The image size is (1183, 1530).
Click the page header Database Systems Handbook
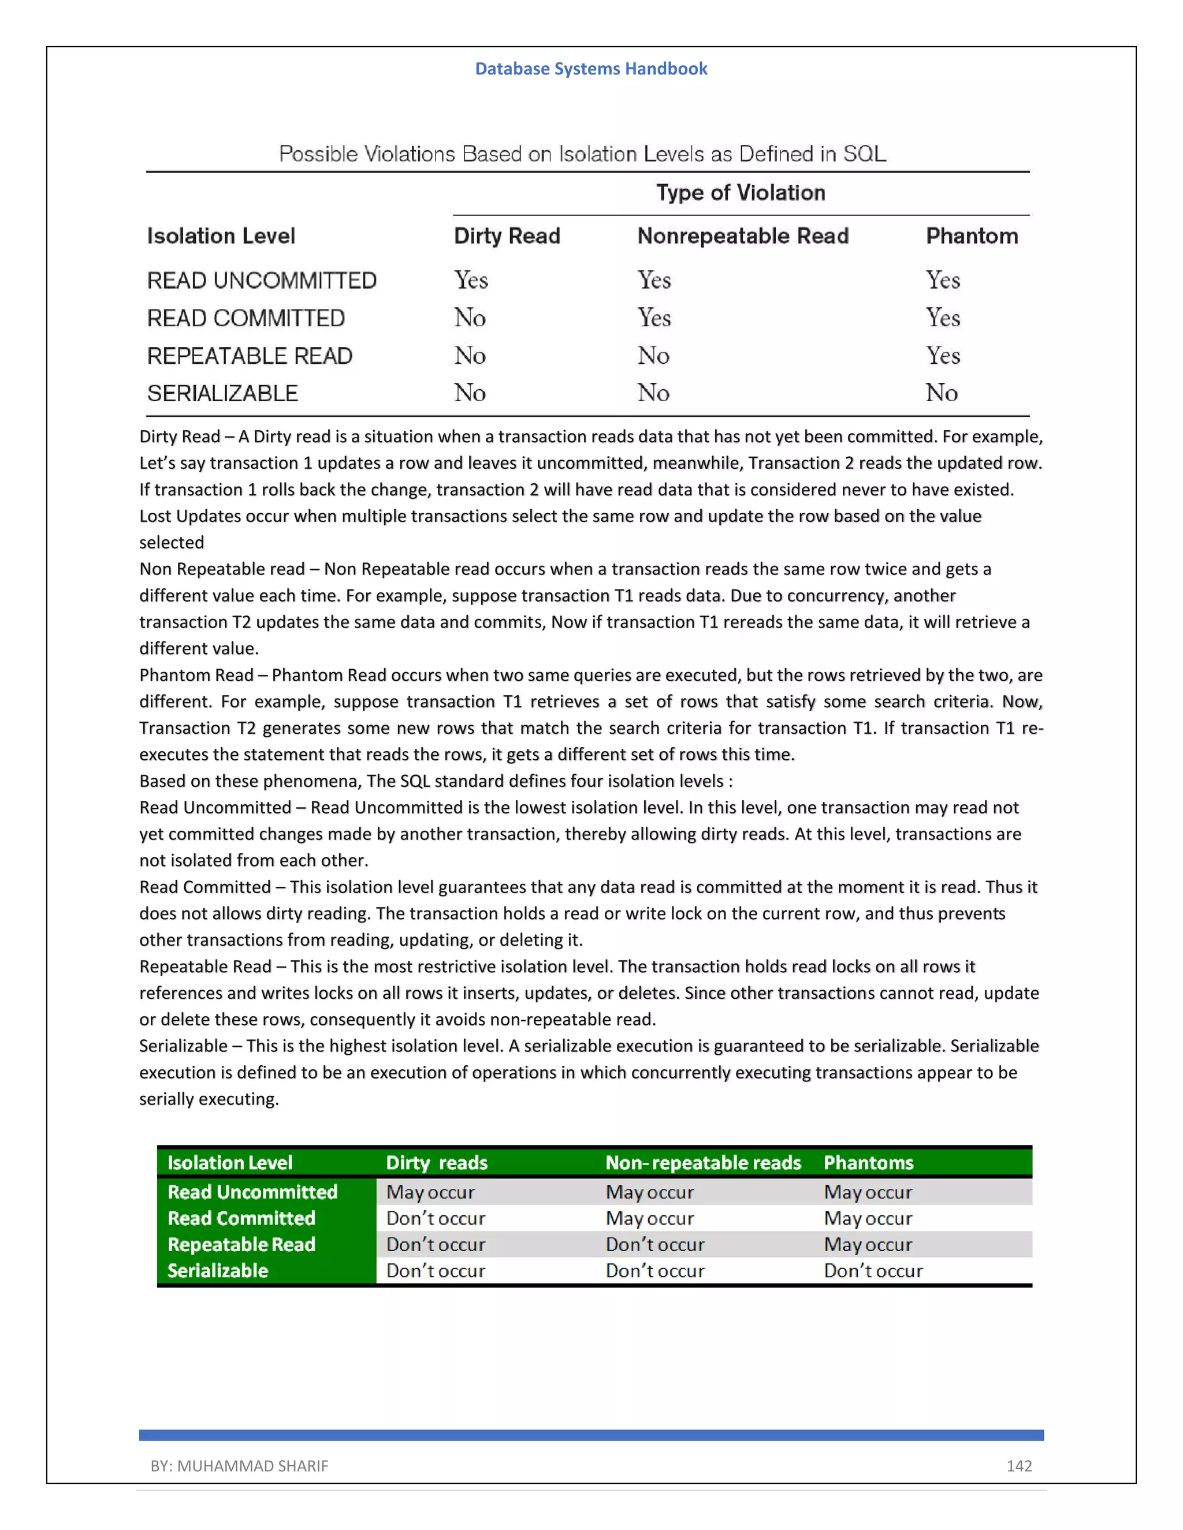point(591,69)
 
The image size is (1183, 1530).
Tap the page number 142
point(1018,1465)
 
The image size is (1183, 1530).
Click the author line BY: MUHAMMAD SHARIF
point(239,1465)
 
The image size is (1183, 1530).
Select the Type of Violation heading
point(740,193)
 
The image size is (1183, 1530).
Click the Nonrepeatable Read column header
point(743,236)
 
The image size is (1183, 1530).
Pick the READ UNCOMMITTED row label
point(262,280)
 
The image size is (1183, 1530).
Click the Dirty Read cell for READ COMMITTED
point(470,318)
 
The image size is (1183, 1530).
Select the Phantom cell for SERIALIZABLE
point(941,393)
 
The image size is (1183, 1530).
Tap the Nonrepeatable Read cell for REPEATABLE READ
point(653,356)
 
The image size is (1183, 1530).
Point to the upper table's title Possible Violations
point(582,154)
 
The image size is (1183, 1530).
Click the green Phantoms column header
point(868,1163)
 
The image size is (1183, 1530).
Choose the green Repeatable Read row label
point(241,1244)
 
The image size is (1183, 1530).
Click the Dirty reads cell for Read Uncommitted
point(430,1192)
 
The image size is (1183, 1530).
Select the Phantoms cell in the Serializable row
point(873,1270)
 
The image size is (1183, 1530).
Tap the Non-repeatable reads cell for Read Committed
point(650,1218)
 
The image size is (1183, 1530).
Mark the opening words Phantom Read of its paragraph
point(196,676)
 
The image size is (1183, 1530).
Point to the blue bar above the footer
point(591,1435)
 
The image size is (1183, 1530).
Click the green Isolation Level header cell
point(229,1163)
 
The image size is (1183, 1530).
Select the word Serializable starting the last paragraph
point(183,1046)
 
